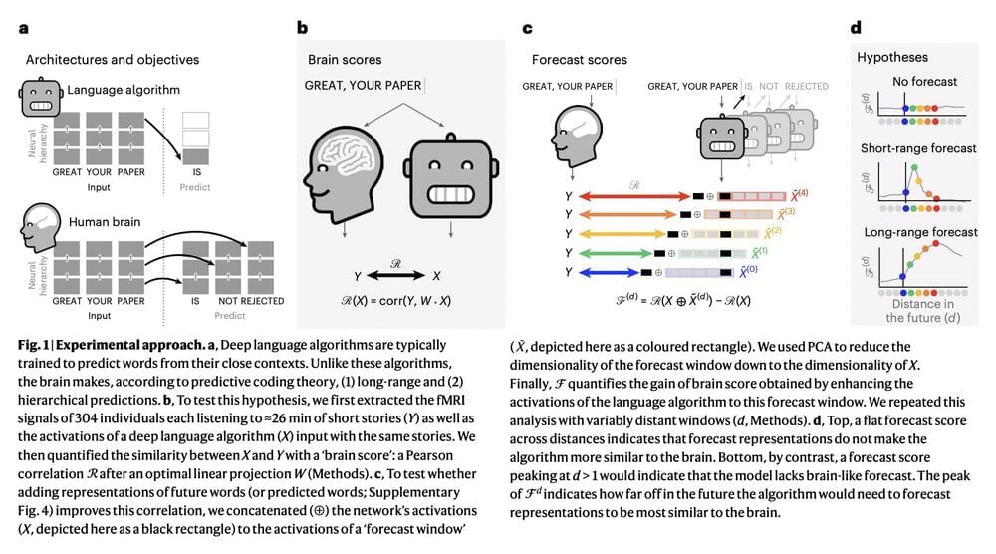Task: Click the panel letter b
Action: [x=302, y=28]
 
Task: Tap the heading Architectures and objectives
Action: [x=112, y=60]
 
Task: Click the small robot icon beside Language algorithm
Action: [x=36, y=96]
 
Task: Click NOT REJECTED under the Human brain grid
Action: [x=250, y=301]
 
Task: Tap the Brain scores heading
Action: [x=345, y=60]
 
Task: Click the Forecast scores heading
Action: [x=580, y=60]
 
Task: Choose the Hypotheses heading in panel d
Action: [x=892, y=58]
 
